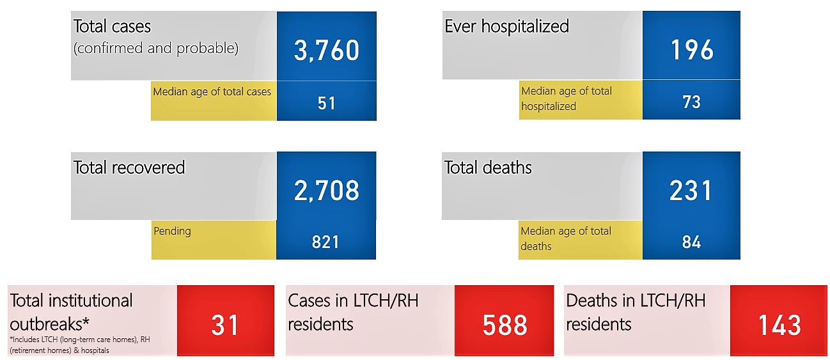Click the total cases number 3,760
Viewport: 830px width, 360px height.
click(327, 51)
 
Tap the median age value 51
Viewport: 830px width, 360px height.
click(327, 103)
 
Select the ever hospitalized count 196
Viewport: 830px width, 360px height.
click(692, 50)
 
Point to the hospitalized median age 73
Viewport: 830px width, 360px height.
click(691, 102)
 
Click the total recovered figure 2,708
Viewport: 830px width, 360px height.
click(327, 191)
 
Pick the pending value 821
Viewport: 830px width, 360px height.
click(325, 242)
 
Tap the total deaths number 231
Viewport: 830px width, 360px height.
click(691, 191)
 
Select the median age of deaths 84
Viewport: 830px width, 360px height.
click(691, 242)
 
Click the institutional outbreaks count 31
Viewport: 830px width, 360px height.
click(224, 325)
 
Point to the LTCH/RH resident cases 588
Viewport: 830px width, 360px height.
click(505, 325)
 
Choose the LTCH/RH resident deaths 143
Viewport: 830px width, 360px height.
click(779, 325)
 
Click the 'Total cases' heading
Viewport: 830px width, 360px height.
click(112, 26)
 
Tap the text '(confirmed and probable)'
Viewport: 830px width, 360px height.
click(156, 48)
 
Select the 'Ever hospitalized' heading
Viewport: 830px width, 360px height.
click(506, 26)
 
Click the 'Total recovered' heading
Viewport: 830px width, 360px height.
click(129, 168)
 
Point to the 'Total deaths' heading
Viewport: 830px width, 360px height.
click(488, 168)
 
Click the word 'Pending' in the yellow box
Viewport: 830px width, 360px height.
click(172, 231)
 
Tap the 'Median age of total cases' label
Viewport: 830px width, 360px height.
click(212, 91)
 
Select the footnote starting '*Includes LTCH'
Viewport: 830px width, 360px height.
click(80, 345)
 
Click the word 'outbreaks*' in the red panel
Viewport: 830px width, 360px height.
click(50, 324)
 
